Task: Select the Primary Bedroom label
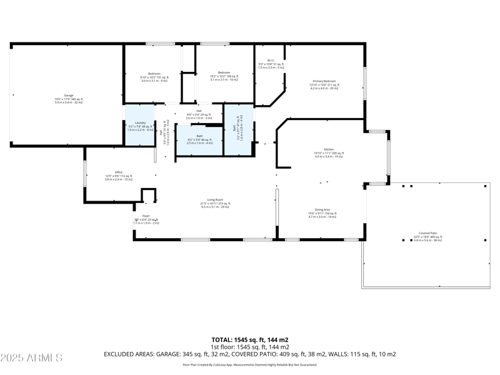(x=324, y=82)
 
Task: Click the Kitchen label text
(x=328, y=150)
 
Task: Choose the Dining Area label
(x=322, y=210)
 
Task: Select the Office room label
(x=118, y=172)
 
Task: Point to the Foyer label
(x=146, y=216)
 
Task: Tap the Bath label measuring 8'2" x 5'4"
(x=199, y=136)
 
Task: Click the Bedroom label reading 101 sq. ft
(x=154, y=74)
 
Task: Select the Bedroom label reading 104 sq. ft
(x=224, y=72)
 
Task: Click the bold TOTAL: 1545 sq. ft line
(x=249, y=340)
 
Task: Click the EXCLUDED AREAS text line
(x=249, y=354)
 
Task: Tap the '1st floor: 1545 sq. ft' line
(x=249, y=347)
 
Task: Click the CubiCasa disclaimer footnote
(x=249, y=364)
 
